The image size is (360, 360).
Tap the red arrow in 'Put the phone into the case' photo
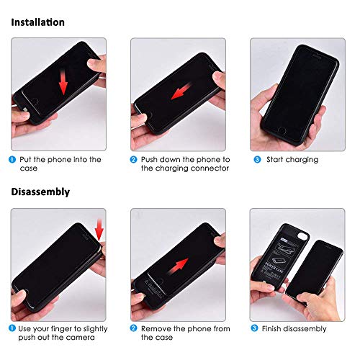pos(63,83)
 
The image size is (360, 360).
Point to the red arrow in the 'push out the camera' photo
pos(99,230)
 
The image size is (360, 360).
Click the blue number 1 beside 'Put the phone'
pos(13,159)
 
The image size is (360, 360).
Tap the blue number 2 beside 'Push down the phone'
pos(133,159)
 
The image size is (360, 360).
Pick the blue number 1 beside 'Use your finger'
pos(13,328)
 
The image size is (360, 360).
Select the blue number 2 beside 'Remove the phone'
pos(133,328)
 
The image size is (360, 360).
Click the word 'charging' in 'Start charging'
pos(301,160)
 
